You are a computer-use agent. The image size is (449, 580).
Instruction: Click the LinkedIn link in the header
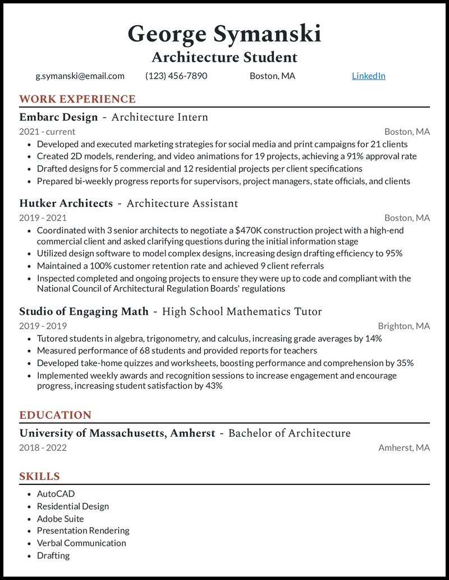coord(368,76)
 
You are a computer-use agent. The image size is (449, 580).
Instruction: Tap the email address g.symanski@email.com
coord(80,76)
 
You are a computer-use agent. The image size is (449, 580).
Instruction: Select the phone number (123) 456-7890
coord(176,76)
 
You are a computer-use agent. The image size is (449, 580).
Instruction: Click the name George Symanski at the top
coord(224,34)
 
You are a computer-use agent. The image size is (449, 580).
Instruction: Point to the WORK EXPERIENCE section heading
coord(77,99)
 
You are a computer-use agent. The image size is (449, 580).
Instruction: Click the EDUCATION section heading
coord(55,415)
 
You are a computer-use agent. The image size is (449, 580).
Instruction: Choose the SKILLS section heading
coord(39,477)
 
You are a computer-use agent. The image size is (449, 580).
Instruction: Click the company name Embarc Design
coord(58,117)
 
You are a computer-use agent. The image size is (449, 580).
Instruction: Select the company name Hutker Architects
coord(66,203)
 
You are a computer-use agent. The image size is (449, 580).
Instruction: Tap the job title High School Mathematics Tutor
coord(242,311)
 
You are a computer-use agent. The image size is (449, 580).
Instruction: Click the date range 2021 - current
coord(47,132)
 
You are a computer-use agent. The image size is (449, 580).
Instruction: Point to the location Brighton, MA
coord(404,326)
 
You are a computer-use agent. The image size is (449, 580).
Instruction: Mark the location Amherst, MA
coord(404,448)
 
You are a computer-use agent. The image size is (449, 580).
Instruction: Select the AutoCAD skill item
coord(56,494)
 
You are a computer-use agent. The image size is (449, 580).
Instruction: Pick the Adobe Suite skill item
coord(60,519)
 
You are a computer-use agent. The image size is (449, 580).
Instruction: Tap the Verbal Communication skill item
coord(81,543)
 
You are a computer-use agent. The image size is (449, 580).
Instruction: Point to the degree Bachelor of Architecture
coord(289,433)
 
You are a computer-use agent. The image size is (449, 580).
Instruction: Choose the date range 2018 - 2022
coord(43,448)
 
